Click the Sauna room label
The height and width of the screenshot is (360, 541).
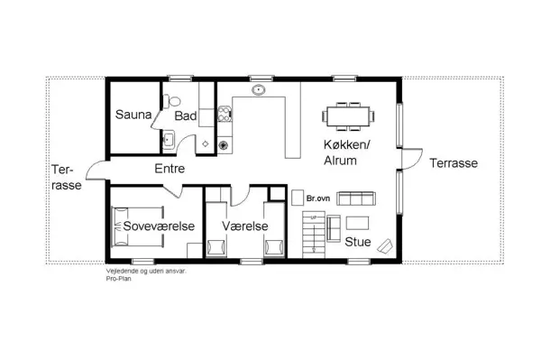(x=132, y=115)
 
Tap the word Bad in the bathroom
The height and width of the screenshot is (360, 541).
(x=186, y=116)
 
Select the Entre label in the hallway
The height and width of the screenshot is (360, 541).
(x=170, y=168)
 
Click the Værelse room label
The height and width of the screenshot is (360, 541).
(x=239, y=226)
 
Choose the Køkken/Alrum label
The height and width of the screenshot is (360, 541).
(x=347, y=152)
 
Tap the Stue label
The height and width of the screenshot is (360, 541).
(x=358, y=241)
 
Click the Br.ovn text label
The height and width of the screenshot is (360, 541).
(x=316, y=197)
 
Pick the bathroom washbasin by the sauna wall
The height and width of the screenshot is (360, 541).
(x=168, y=139)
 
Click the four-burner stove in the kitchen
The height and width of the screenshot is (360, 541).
(x=223, y=143)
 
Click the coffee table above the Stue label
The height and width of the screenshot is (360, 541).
(x=358, y=222)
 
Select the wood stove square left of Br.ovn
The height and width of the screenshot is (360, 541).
(x=298, y=197)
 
